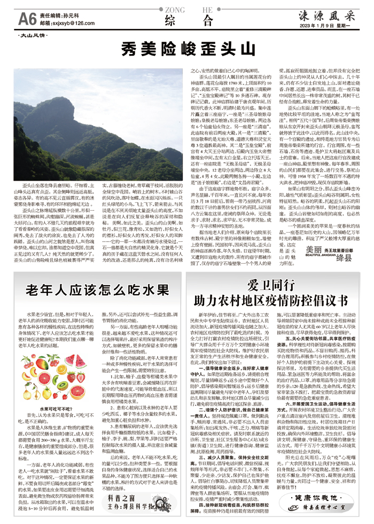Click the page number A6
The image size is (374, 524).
(x=27, y=19)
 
